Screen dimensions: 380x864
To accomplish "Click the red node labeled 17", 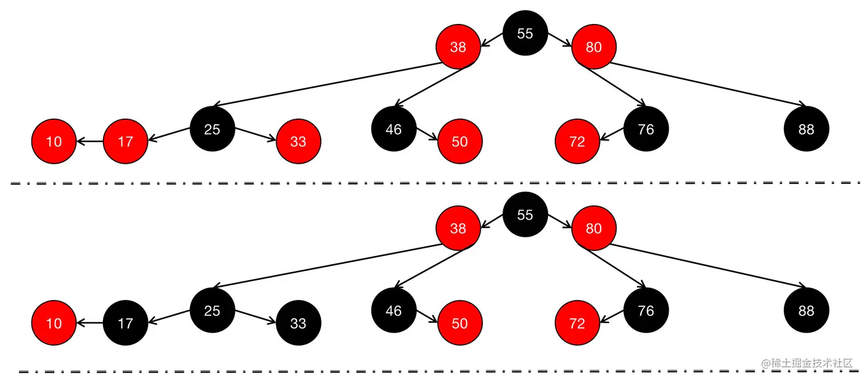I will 126,142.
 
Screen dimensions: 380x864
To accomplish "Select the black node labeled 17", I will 126,323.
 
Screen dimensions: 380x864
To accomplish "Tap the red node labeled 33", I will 298,142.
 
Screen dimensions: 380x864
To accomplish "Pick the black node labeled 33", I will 298,323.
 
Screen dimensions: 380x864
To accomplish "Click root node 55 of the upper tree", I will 525,33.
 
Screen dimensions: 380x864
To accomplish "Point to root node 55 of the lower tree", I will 525,215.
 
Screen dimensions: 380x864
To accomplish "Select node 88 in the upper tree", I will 806,130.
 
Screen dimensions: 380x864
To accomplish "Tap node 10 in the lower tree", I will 54,323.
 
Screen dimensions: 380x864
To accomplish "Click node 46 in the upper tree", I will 394,130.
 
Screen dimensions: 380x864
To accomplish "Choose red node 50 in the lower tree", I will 460,323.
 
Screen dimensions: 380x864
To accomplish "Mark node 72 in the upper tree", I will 577,142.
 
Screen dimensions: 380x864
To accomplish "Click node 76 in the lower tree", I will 646,311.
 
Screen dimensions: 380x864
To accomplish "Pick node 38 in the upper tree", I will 458,47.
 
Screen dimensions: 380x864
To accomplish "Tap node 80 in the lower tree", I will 594,228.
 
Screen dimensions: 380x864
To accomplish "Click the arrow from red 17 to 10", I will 90,142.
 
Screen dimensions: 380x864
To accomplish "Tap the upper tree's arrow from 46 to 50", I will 427,135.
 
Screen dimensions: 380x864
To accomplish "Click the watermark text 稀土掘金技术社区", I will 811,363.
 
